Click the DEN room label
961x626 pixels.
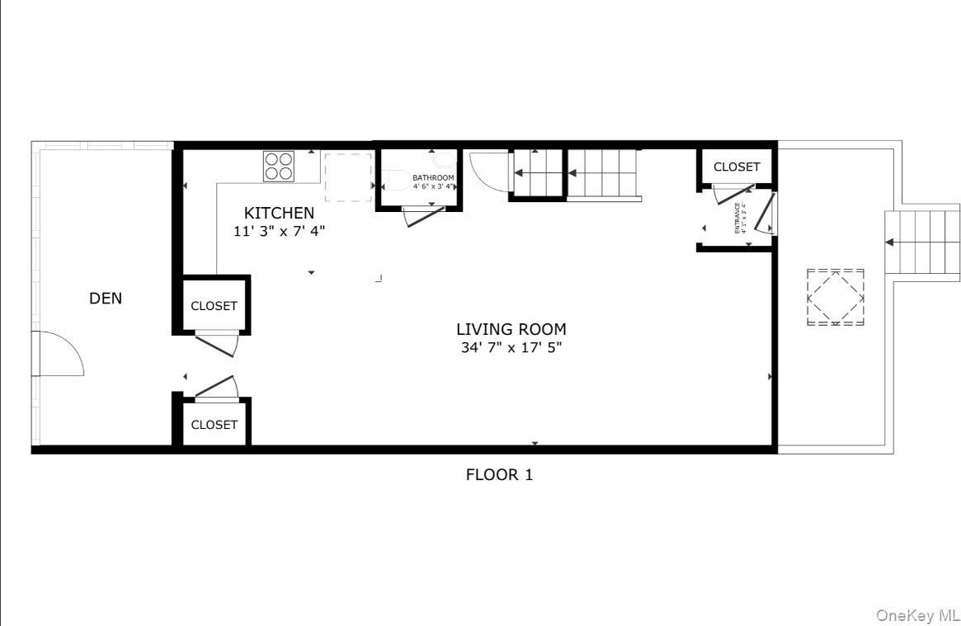106,299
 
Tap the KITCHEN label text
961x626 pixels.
279,214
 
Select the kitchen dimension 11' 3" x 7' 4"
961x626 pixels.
279,232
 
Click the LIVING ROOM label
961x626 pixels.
511,330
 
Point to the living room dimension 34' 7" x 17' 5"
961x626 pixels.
511,348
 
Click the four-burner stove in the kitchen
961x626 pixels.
280,166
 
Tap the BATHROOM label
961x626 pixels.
433,178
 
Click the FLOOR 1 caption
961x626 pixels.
499,474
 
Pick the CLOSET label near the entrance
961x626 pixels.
737,167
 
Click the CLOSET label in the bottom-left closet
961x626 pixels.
214,425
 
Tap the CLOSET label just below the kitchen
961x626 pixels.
214,306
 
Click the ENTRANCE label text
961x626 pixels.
738,218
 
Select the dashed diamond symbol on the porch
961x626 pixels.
835,296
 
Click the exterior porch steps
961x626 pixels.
921,242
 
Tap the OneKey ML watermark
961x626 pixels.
917,615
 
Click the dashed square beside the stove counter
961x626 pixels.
347,177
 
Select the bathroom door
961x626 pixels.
422,217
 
